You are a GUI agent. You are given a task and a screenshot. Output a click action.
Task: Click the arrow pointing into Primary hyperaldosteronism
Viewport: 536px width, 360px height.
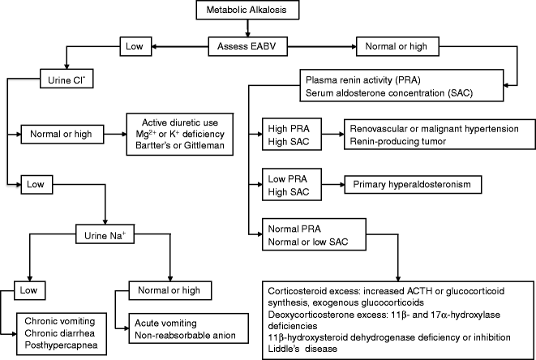pos(332,184)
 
